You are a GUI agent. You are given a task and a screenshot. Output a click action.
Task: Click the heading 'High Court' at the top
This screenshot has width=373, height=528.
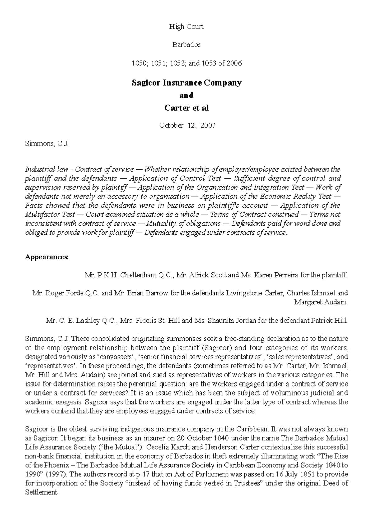[x=186, y=27]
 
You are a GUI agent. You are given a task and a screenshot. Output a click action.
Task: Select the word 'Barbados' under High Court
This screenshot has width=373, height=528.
[x=186, y=44]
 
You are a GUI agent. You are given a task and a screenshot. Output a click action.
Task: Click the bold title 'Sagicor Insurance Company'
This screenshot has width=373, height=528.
[x=186, y=83]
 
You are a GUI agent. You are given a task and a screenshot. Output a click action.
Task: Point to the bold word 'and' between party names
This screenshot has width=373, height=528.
[x=186, y=95]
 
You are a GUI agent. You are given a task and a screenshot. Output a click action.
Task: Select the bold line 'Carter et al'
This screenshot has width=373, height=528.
[x=186, y=108]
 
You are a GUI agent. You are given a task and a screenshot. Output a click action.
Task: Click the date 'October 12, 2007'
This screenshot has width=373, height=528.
[x=187, y=126]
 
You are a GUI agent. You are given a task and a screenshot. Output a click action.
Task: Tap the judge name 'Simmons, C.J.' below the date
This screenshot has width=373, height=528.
[x=47, y=144]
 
